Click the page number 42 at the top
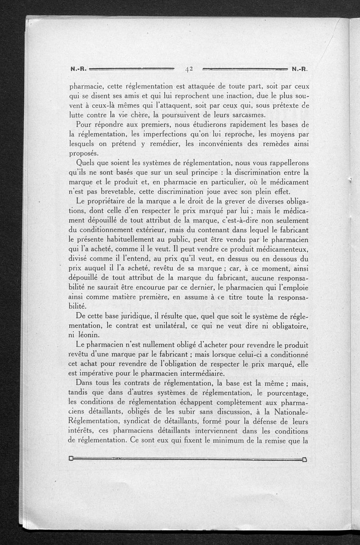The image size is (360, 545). [x=189, y=69]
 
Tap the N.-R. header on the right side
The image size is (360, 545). [x=299, y=70]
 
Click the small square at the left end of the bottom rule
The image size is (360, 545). [x=71, y=459]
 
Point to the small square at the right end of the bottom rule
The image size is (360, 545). [x=305, y=459]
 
